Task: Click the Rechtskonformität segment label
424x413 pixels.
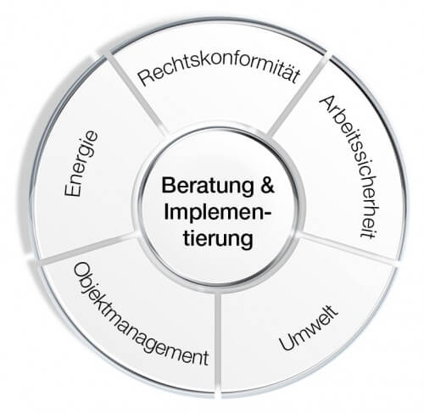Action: click(x=218, y=70)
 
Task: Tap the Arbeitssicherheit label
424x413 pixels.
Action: click(x=349, y=167)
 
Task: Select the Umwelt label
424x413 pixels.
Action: click(x=309, y=328)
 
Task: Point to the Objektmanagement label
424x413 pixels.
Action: click(x=141, y=314)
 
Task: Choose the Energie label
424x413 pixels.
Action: click(x=81, y=164)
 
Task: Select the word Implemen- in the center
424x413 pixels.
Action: click(x=217, y=212)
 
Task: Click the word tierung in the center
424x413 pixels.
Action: click(x=218, y=238)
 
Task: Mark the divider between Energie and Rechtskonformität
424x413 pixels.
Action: click(x=137, y=95)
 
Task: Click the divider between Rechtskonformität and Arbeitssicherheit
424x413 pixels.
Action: click(x=298, y=94)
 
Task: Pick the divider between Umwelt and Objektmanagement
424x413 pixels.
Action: click(x=218, y=343)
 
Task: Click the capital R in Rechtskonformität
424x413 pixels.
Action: click(x=144, y=78)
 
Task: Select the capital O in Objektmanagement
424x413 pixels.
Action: click(x=80, y=271)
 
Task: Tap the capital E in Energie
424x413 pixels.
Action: click(x=73, y=189)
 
